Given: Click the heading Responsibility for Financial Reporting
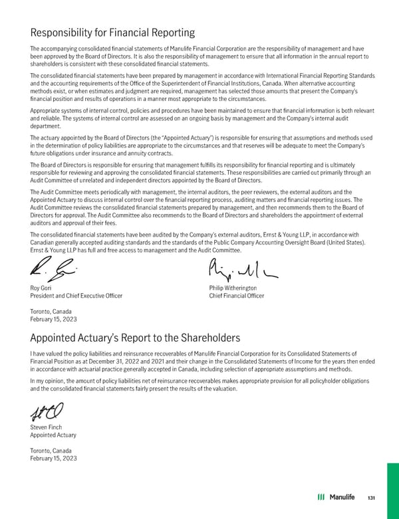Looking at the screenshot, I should pyautogui.click(x=112, y=32).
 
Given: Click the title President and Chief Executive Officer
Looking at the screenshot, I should pyautogui.click(x=76, y=296).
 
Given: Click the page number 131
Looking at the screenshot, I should pyautogui.click(x=372, y=498).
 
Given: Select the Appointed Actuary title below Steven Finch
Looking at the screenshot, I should pyautogui.click(x=53, y=435).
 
